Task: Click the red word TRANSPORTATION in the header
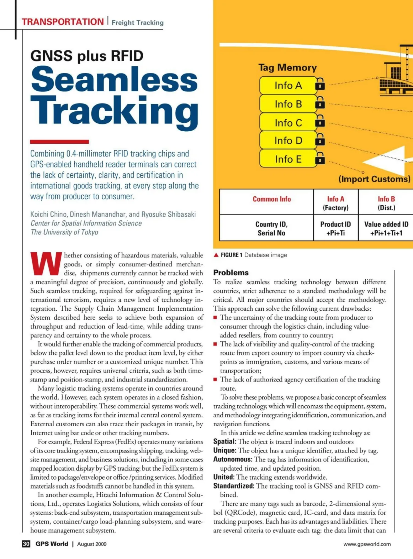(x=63, y=22)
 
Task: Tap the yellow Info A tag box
(x=288, y=85)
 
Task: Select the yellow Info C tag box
(x=288, y=123)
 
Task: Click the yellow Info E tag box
(x=288, y=159)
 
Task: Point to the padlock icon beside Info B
(x=320, y=103)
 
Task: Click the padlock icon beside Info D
(x=320, y=140)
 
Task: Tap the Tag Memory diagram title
(x=287, y=67)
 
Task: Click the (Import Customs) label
(x=374, y=179)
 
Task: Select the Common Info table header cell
(x=272, y=199)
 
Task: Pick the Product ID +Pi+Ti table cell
(x=336, y=228)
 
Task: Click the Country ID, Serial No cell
(x=272, y=228)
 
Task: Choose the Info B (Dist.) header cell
(x=386, y=203)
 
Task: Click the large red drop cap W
(x=46, y=264)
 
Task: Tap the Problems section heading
(x=231, y=273)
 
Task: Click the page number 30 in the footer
(x=26, y=544)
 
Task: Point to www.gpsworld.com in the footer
(x=367, y=544)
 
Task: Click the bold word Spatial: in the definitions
(x=225, y=441)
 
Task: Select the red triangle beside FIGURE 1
(x=216, y=255)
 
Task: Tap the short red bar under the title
(x=59, y=142)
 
